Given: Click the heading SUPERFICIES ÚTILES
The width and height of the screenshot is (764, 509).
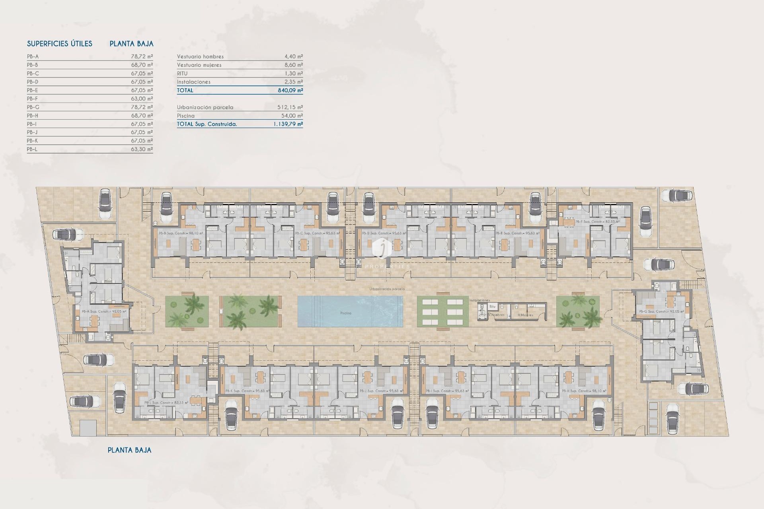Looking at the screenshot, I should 60,44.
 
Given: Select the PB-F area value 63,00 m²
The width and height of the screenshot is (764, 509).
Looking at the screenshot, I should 142,99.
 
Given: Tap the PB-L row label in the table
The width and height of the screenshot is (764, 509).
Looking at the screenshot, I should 32,149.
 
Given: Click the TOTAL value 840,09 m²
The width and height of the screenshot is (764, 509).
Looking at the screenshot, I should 290,90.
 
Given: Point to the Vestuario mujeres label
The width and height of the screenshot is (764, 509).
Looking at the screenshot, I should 199,65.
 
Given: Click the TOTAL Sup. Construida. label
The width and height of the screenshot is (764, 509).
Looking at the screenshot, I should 207,124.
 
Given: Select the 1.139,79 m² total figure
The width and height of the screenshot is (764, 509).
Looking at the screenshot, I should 288,124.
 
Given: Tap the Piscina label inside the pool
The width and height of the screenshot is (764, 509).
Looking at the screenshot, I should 345,313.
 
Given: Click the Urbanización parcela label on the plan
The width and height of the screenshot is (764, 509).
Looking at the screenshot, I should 387,289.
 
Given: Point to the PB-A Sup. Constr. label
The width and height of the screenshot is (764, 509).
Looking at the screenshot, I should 104,311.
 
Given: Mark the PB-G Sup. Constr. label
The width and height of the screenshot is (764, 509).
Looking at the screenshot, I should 661,311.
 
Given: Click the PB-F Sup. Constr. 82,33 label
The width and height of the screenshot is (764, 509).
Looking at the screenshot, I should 597,221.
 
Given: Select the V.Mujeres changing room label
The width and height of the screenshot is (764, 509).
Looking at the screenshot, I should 525,315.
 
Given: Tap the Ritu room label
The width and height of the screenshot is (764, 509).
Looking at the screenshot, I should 492,307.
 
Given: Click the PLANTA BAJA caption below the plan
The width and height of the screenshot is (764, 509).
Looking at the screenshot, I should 129,450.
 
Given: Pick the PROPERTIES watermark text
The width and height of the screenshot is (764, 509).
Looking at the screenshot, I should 387,266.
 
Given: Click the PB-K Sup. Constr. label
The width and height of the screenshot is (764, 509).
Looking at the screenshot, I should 247,391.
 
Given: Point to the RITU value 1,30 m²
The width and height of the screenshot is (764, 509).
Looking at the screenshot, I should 293,74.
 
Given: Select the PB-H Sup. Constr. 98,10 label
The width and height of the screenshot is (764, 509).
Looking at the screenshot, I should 584,391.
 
